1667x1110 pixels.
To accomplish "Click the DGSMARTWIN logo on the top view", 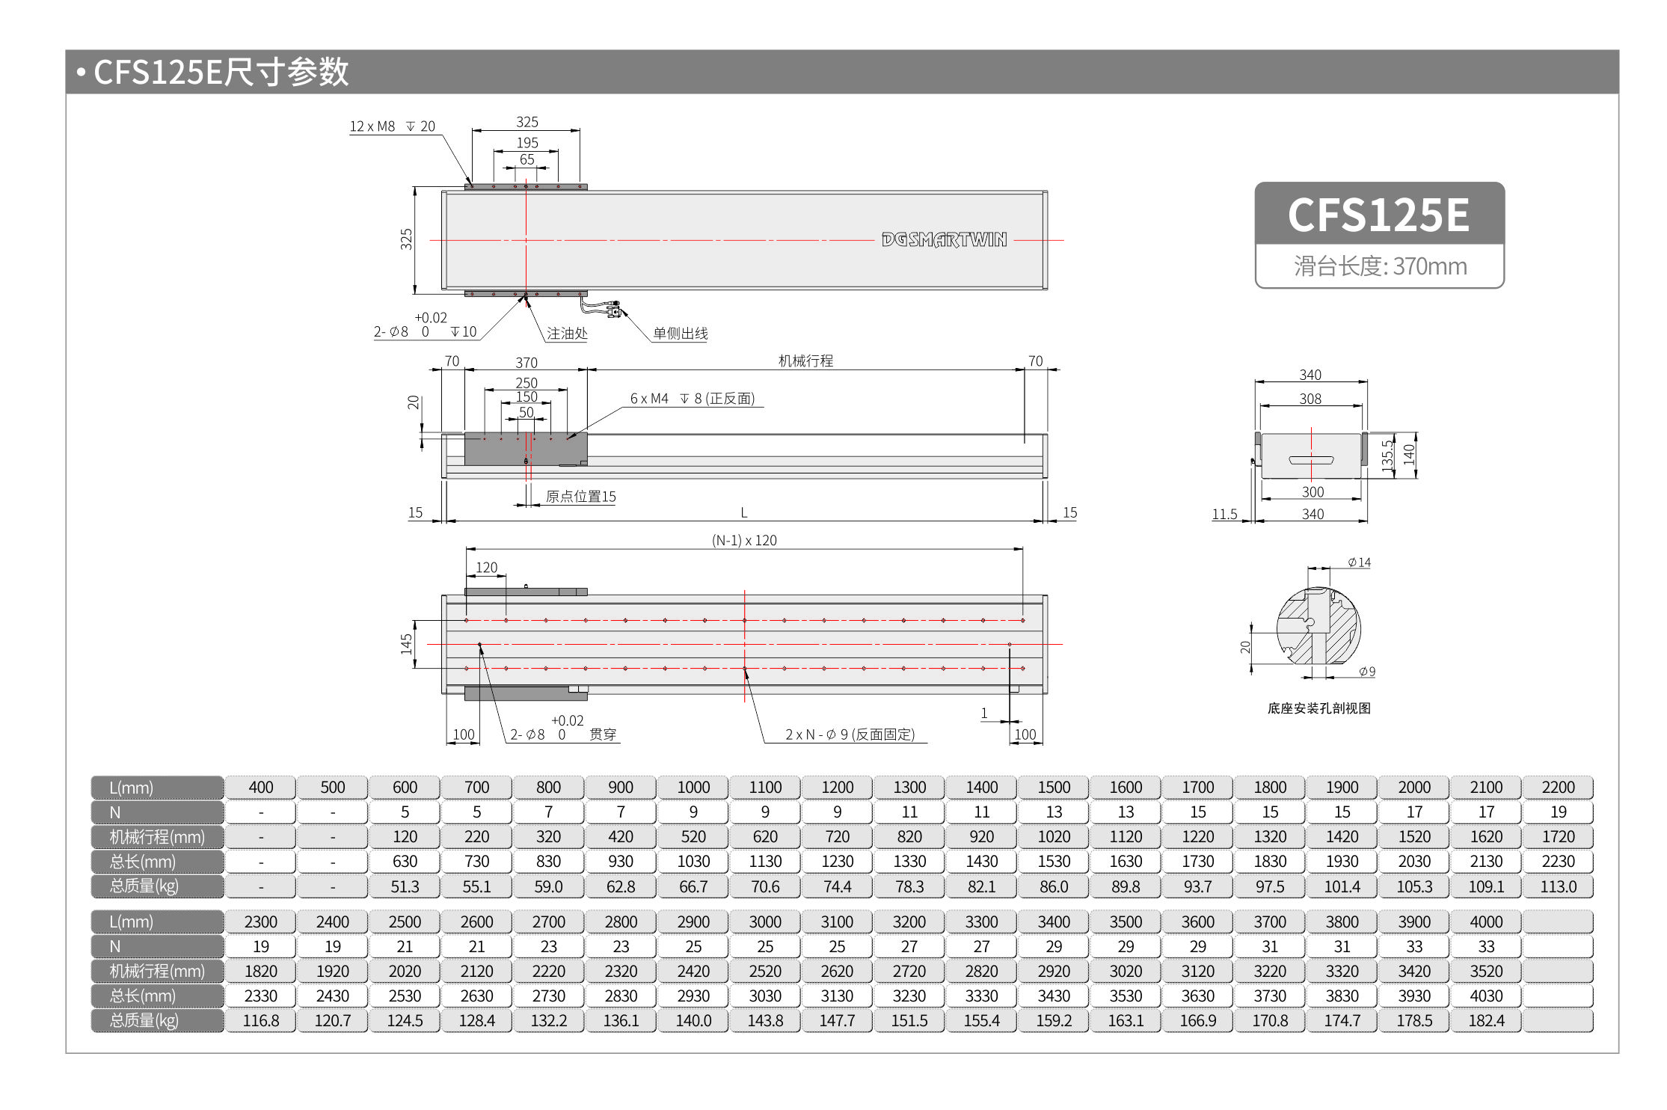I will (944, 239).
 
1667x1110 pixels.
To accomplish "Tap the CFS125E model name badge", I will (1378, 215).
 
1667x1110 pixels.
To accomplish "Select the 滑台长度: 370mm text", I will (1380, 266).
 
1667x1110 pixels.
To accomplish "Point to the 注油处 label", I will (566, 334).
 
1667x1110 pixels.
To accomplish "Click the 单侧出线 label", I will (680, 334).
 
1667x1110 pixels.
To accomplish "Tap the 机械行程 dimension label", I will (805, 361).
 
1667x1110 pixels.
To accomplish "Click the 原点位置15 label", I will (580, 497).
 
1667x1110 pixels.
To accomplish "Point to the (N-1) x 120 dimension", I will (744, 540).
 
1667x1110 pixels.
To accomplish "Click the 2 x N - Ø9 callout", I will (850, 735).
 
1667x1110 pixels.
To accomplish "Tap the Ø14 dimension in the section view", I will (1359, 562).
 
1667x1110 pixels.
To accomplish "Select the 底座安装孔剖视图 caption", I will (1318, 708).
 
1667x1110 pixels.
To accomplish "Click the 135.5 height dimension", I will (1388, 456).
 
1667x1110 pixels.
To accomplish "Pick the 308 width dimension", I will (1310, 399).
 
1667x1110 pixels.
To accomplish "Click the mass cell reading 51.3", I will (405, 886).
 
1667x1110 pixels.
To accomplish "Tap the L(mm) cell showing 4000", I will (1486, 922).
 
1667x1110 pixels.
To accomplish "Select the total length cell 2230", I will (1558, 862).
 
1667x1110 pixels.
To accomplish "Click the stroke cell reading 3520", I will (1486, 971).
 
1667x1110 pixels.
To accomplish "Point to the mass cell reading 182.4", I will (1486, 1020).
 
